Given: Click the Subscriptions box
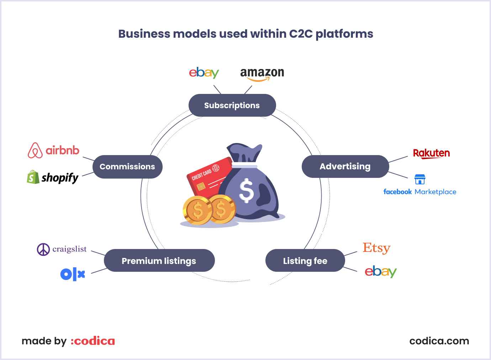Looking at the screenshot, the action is (x=232, y=105).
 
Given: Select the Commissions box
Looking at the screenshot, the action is (x=128, y=167).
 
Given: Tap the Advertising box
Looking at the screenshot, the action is (x=345, y=166).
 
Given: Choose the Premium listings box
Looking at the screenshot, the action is (x=159, y=260).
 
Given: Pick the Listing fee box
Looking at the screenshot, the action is (x=305, y=260).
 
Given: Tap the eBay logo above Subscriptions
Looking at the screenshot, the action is (x=204, y=73).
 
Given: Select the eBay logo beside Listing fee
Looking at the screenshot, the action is (x=381, y=272).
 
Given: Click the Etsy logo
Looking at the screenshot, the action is (x=376, y=248).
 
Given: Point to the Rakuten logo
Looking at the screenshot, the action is (x=431, y=154).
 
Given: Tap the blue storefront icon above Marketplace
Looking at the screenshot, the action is (x=420, y=179).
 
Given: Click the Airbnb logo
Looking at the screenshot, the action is (x=53, y=150).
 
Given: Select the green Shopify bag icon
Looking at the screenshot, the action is (x=33, y=177).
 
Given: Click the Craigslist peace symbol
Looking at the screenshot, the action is (x=43, y=249).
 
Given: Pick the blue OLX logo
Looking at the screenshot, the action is (x=73, y=274).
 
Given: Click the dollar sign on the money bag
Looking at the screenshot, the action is (x=247, y=191).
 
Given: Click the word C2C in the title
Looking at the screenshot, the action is (x=301, y=34).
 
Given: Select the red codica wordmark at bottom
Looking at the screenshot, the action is (x=93, y=341).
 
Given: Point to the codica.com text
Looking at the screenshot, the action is (x=439, y=341).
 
